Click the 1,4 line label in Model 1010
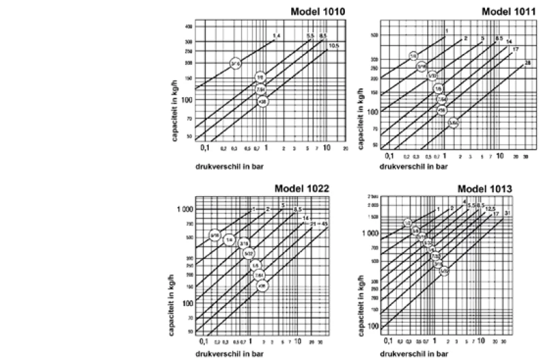click(x=276, y=34)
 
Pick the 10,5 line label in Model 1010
click(x=334, y=45)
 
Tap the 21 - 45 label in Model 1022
click(x=319, y=222)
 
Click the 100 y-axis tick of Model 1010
click(x=189, y=100)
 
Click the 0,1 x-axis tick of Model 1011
click(x=389, y=156)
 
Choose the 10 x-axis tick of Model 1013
click(x=480, y=340)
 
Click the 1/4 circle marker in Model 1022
click(x=229, y=239)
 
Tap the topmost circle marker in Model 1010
click(x=235, y=63)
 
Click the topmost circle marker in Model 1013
click(x=408, y=223)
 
